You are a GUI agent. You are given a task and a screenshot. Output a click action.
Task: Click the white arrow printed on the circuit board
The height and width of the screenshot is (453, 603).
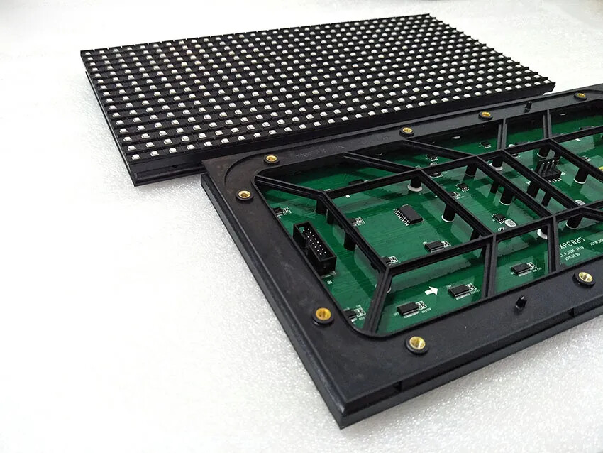(x=431, y=290)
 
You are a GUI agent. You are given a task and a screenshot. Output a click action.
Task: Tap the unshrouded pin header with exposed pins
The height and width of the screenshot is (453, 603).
(x=547, y=168)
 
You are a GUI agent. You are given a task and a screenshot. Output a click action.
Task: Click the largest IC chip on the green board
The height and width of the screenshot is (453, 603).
(x=408, y=214)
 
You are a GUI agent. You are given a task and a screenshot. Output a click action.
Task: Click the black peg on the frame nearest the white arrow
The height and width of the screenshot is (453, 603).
(x=519, y=303)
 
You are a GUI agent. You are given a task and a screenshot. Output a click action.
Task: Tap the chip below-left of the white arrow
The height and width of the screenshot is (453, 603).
(x=409, y=309)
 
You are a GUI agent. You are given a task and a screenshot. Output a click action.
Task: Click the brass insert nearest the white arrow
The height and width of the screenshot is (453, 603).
(x=416, y=344)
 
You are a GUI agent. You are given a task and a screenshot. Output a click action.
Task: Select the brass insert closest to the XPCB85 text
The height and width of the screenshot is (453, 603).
(x=585, y=278)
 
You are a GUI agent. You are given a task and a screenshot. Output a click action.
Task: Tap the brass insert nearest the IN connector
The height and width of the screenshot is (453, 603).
(x=323, y=315)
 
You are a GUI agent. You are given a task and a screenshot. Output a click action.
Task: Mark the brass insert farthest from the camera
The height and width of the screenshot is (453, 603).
(x=580, y=95)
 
